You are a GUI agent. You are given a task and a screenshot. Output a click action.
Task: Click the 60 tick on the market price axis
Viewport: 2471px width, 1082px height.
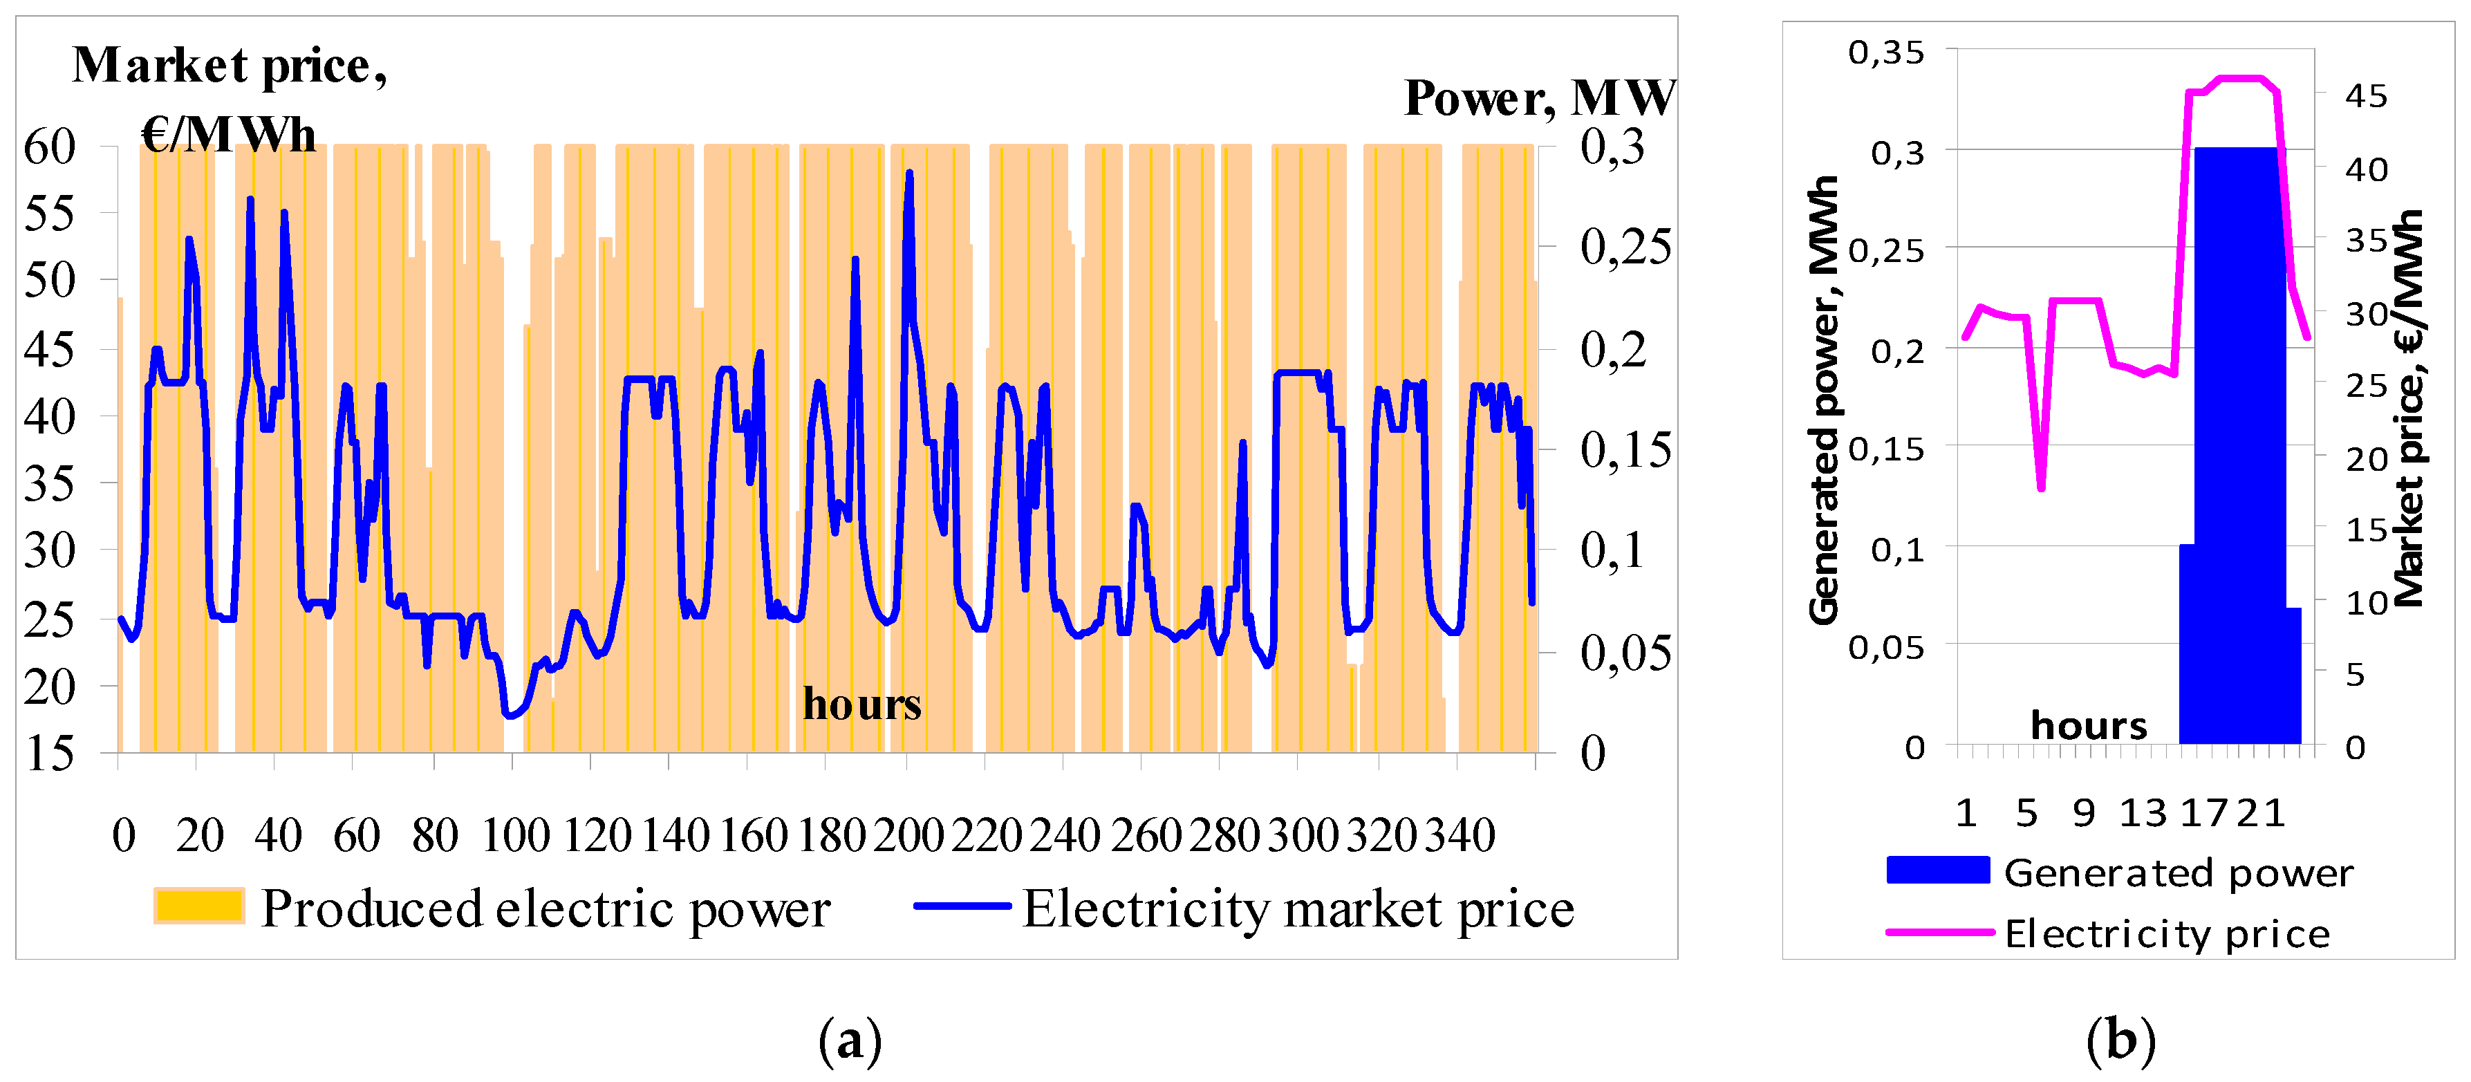tap(49, 148)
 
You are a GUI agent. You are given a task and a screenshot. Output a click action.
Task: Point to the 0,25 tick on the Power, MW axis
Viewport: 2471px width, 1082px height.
tap(1625, 248)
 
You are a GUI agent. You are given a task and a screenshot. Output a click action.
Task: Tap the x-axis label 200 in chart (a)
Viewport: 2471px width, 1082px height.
tap(908, 835)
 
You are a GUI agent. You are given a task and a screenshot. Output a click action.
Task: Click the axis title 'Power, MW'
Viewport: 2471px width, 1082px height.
tap(1538, 98)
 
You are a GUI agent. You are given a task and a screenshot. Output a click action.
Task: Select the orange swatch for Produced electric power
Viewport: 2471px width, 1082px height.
tap(198, 906)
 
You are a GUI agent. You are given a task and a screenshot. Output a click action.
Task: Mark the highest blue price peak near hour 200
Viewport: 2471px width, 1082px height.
tap(909, 174)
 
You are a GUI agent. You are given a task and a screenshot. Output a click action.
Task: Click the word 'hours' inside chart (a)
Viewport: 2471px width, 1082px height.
tap(861, 705)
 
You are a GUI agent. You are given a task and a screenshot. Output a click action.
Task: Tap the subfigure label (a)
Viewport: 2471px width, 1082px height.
tap(850, 1041)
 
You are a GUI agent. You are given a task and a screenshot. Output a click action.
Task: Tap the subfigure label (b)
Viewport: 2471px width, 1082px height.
tap(2121, 1041)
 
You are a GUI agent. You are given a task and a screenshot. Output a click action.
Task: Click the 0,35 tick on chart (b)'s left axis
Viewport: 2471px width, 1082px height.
tap(1886, 53)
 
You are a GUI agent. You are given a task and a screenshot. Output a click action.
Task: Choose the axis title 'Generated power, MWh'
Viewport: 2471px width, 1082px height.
tap(1823, 400)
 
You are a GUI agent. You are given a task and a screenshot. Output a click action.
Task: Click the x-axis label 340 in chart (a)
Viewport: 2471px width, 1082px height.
tap(1459, 835)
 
